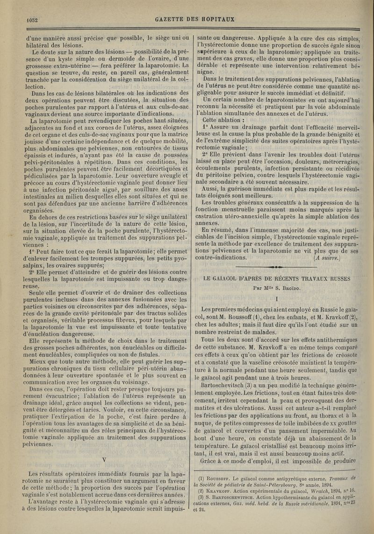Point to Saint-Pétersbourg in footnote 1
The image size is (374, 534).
click(x=280, y=485)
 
